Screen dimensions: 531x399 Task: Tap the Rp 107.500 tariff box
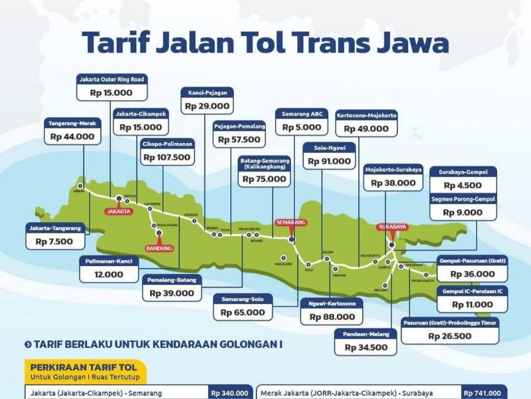tap(167, 158)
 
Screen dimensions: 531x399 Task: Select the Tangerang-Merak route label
tap(73, 123)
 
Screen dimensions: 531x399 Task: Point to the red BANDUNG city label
tap(159, 248)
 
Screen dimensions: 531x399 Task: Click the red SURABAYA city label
tap(391, 227)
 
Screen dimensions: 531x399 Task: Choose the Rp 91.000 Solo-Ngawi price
tap(328, 161)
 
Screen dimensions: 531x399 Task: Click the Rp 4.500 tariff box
tap(463, 186)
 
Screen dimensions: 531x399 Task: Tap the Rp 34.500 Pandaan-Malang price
tap(366, 347)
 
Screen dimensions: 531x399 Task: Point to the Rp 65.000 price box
tap(243, 311)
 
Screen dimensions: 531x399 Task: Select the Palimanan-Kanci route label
tap(110, 260)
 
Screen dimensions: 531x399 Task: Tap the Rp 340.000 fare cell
tap(230, 393)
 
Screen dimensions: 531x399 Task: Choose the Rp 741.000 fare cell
tap(484, 393)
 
